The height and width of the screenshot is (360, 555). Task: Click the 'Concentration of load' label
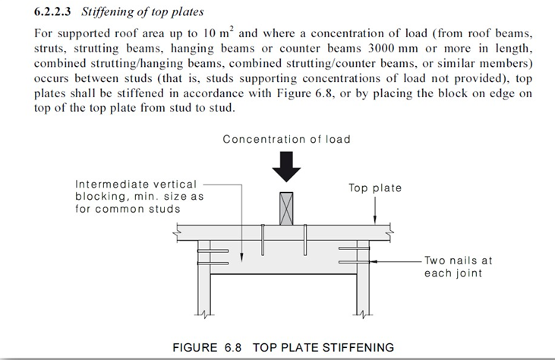[286, 140]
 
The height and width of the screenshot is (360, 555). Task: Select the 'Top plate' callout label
[375, 188]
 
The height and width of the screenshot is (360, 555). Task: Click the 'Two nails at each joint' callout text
[458, 267]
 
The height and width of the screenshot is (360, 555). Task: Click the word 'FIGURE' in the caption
[196, 348]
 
